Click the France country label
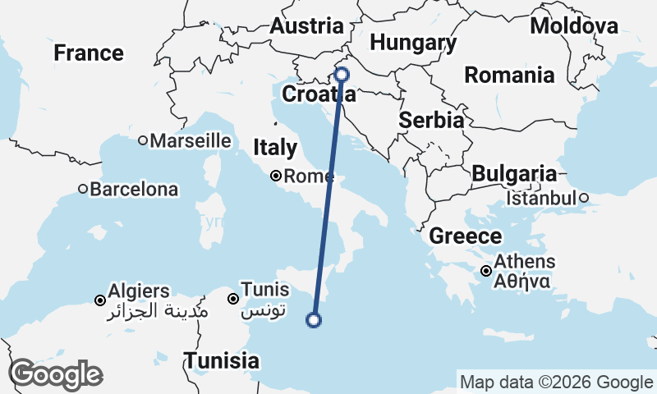point(89,53)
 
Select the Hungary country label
point(413,43)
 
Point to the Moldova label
point(574,25)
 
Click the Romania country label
point(509,76)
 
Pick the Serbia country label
point(431,120)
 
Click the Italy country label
point(275,148)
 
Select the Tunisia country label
point(222,360)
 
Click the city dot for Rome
point(277,176)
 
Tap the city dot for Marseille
point(143,140)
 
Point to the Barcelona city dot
point(83,189)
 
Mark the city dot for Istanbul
point(583,198)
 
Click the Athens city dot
point(487,271)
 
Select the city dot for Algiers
point(100,300)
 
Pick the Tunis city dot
point(234,299)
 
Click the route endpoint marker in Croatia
point(342,75)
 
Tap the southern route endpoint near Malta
point(313,320)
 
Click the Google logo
point(56,374)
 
